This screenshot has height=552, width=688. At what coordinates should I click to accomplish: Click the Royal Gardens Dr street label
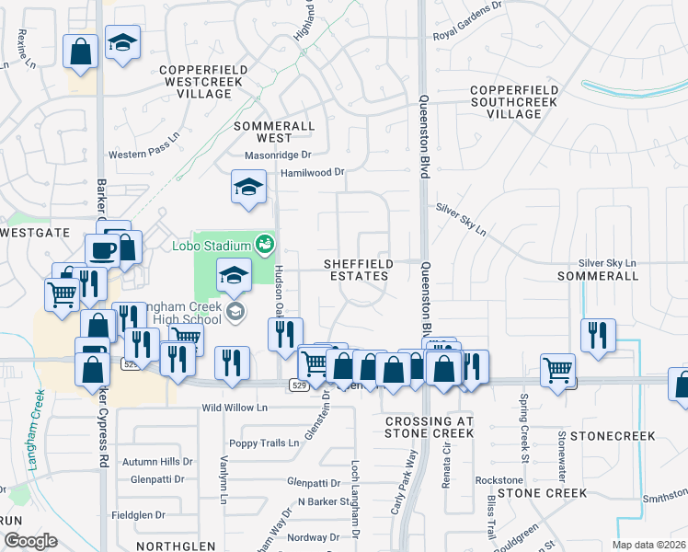click(x=470, y=36)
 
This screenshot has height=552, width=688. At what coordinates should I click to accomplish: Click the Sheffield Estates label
click(x=359, y=270)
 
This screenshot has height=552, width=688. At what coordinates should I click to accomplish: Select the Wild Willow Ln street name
click(x=235, y=407)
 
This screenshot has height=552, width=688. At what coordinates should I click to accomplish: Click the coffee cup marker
click(x=101, y=250)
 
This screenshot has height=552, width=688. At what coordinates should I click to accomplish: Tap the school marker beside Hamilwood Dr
click(x=248, y=188)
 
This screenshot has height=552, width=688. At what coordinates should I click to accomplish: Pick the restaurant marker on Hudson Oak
click(x=285, y=334)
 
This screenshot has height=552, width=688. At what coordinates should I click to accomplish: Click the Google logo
click(x=29, y=541)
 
